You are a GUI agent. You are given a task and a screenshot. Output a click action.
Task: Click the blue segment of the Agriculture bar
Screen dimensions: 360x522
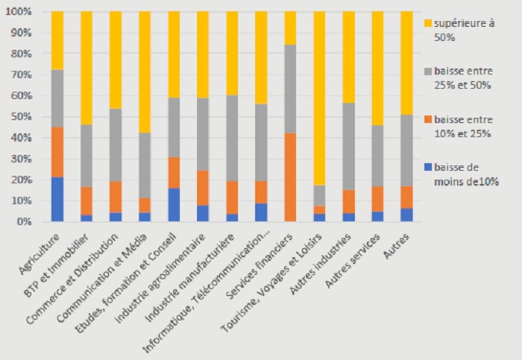[x=57, y=199]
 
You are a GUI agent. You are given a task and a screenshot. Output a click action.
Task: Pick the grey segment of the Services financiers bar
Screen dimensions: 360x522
[x=290, y=89]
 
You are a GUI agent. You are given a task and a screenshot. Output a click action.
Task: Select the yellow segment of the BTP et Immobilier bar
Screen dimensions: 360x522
[x=87, y=68]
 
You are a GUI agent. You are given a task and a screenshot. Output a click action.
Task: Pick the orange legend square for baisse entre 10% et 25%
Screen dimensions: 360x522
[x=427, y=119]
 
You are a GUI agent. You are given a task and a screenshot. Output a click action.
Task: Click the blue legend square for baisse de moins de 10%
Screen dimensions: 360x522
[x=427, y=168]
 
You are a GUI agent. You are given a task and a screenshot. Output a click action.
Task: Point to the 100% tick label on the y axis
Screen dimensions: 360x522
[x=22, y=13]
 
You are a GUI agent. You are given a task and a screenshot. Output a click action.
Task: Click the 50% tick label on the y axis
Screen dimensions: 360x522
[x=24, y=117]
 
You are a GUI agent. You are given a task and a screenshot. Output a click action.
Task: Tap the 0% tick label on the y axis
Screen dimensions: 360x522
[x=26, y=221]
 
